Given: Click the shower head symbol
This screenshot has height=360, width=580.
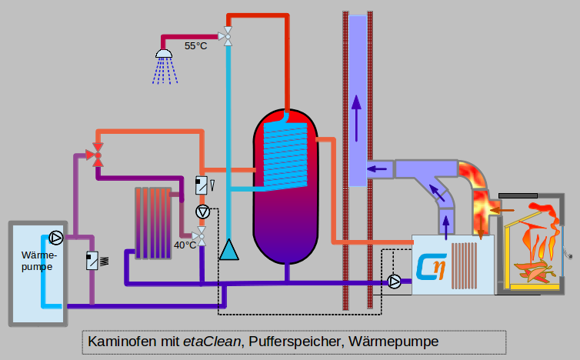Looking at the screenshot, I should click(164, 54).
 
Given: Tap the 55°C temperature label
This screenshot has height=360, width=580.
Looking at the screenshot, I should click(196, 46).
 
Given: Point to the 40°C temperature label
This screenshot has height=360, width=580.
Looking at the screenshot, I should click(185, 245).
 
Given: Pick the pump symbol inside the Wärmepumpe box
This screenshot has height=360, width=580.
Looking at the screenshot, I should click(55, 237).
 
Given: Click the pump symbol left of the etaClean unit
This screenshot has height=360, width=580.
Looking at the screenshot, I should click(395, 282).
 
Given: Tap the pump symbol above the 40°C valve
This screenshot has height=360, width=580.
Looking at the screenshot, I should click(202, 212).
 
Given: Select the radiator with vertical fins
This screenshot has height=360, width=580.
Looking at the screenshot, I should click(153, 222).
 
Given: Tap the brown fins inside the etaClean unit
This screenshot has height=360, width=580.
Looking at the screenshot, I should click(465, 265).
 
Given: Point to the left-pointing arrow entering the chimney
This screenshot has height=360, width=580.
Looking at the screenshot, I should click(377, 169).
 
